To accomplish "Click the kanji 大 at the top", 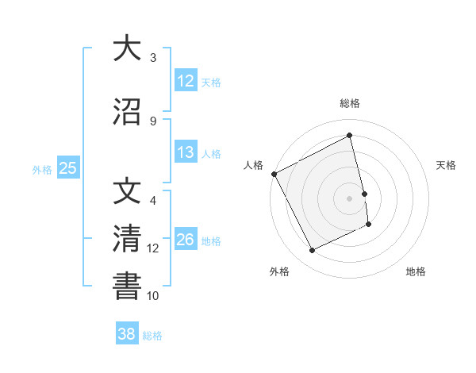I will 126,48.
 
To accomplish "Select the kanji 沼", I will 126,112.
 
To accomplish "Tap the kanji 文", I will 126,191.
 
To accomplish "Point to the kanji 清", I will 126,239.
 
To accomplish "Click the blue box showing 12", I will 186,81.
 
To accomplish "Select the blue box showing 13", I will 186,152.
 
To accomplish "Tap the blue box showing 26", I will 186,240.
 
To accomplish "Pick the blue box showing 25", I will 67,168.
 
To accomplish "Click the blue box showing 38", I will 127,334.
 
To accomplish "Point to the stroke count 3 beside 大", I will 153,58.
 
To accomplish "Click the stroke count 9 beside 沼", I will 153,121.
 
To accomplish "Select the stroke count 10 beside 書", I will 153,296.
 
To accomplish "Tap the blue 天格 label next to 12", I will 211,82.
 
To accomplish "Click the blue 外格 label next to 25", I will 42,169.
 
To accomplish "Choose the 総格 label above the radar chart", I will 350,103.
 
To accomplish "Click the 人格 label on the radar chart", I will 253,165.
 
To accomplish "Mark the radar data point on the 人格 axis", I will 274,174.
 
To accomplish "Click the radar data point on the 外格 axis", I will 312,251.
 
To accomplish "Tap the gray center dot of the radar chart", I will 350,198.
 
